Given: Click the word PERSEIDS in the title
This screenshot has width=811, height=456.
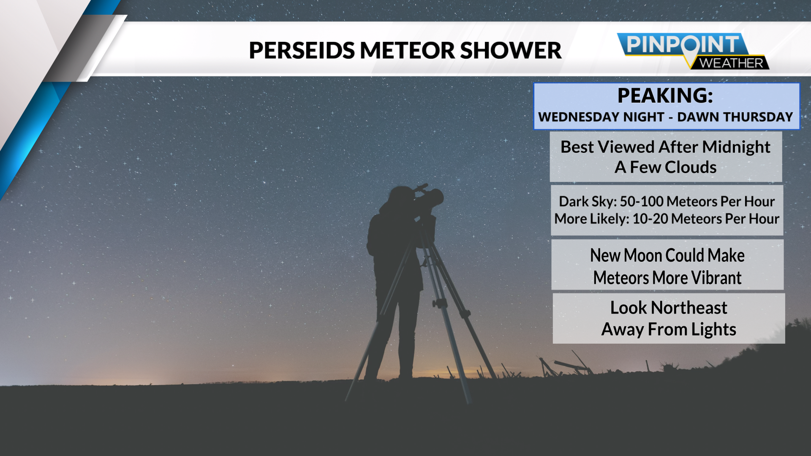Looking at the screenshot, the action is (302, 50).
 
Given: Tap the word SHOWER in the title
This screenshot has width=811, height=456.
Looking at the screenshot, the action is (511, 50).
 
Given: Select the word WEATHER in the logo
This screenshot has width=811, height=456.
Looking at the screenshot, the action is (731, 63).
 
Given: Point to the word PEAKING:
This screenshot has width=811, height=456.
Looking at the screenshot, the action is (665, 95).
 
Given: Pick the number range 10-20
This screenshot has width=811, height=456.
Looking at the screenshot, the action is (650, 219).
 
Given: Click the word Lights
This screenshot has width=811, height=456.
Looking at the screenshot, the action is (714, 330).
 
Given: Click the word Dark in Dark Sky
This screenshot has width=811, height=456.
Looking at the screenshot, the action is (572, 201).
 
